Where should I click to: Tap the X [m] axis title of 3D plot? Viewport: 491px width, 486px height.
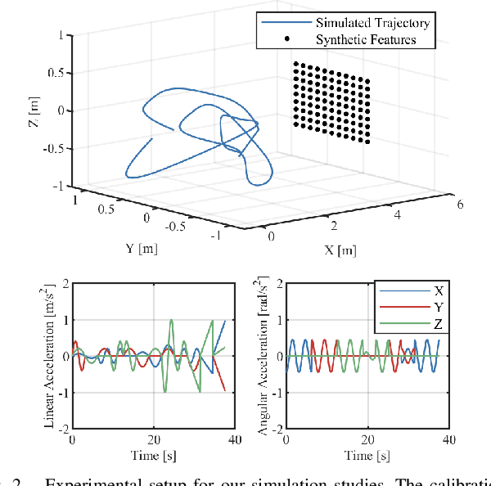pyautogui.click(x=338, y=250)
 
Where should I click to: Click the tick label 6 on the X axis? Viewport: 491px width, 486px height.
pyautogui.click(x=461, y=205)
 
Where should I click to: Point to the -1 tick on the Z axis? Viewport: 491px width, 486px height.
pyautogui.click(x=57, y=187)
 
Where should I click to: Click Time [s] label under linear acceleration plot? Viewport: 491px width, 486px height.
pyautogui.click(x=154, y=456)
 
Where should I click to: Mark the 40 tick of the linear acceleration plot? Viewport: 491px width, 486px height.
pyautogui.click(x=235, y=439)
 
